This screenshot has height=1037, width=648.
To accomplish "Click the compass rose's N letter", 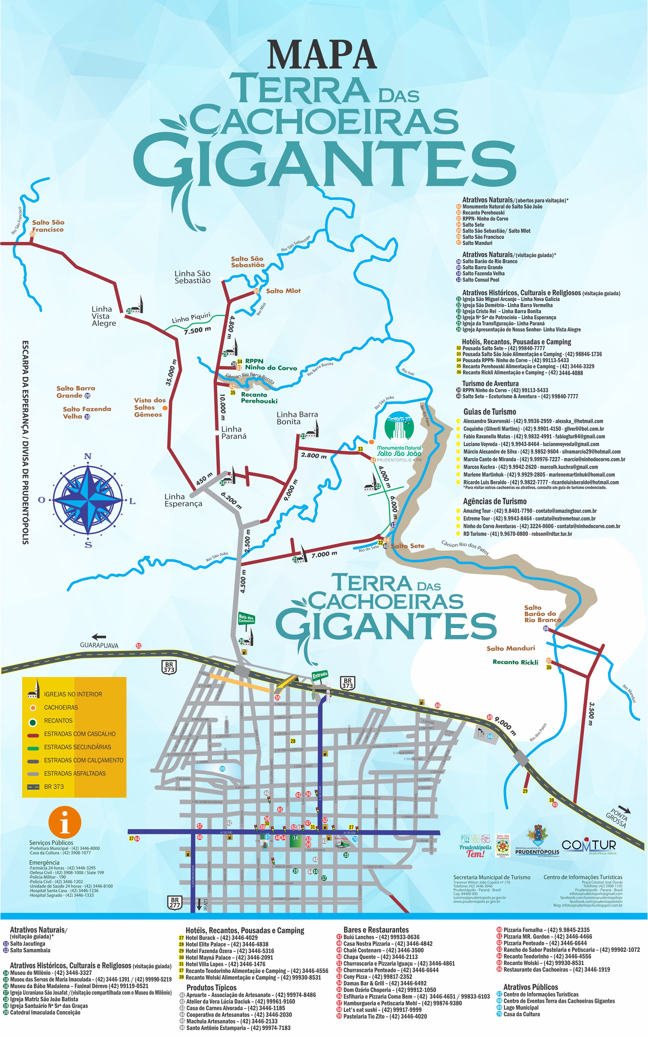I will (x=88, y=456).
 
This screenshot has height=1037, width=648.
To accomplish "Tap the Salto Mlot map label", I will (x=283, y=291).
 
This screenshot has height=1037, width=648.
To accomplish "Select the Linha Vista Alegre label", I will (x=103, y=316).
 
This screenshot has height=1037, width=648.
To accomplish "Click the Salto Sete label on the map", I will (x=408, y=546).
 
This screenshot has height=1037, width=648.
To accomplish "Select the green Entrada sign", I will (x=320, y=676).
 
